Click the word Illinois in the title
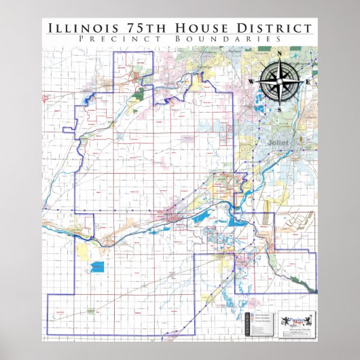click(79, 28)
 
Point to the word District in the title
click(271, 28)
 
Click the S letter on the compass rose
click(279, 107)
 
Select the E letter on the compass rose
click(307, 82)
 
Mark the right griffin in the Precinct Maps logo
click(308, 319)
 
